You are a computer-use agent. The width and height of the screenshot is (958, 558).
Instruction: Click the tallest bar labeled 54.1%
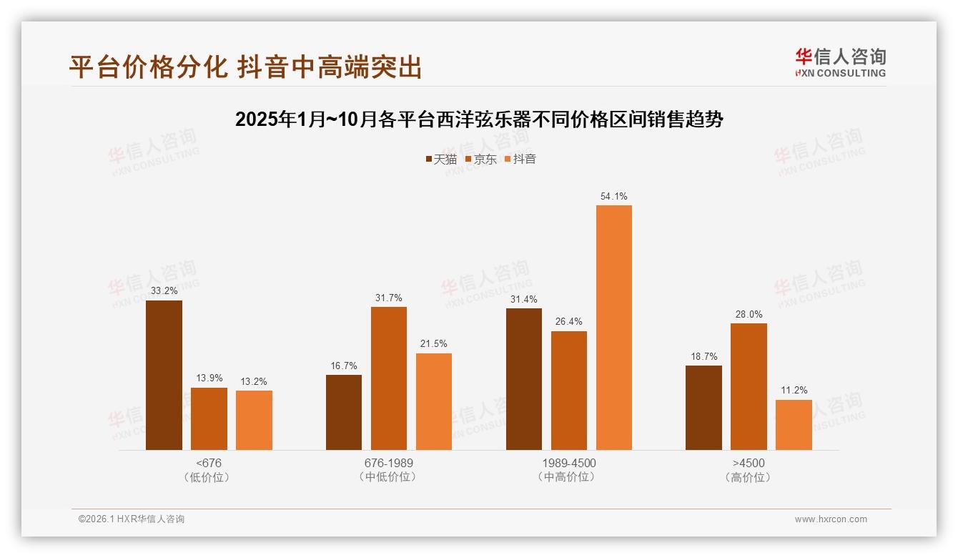[614, 328]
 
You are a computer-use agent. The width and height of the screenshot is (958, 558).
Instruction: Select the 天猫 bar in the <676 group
[164, 375]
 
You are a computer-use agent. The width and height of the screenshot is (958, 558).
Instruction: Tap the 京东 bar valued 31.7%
[389, 378]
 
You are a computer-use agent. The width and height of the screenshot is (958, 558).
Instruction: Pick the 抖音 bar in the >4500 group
[794, 425]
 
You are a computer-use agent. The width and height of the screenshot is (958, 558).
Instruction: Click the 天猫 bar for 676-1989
[344, 412]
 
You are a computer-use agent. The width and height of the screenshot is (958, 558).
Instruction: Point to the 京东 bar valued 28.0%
[749, 386]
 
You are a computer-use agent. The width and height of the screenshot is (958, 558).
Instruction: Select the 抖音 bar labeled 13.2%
[254, 420]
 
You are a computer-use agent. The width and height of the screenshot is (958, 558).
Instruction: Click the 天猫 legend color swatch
[429, 160]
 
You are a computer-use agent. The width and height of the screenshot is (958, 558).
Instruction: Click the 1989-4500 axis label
[569, 463]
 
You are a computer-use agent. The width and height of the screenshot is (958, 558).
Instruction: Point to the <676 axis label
[208, 463]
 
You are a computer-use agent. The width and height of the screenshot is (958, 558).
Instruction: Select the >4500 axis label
[749, 463]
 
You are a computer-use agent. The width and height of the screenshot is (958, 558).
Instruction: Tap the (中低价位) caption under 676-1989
[388, 477]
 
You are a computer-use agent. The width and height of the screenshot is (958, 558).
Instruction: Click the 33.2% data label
[164, 291]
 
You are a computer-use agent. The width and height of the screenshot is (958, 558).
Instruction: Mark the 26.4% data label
[568, 322]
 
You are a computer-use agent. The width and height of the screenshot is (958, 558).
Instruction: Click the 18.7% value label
[703, 356]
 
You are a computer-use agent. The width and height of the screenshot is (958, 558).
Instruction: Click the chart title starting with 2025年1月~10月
[479, 119]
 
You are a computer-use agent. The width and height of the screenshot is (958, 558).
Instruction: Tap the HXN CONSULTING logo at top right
[841, 63]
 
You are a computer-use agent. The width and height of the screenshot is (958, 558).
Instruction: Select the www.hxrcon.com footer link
[831, 519]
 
